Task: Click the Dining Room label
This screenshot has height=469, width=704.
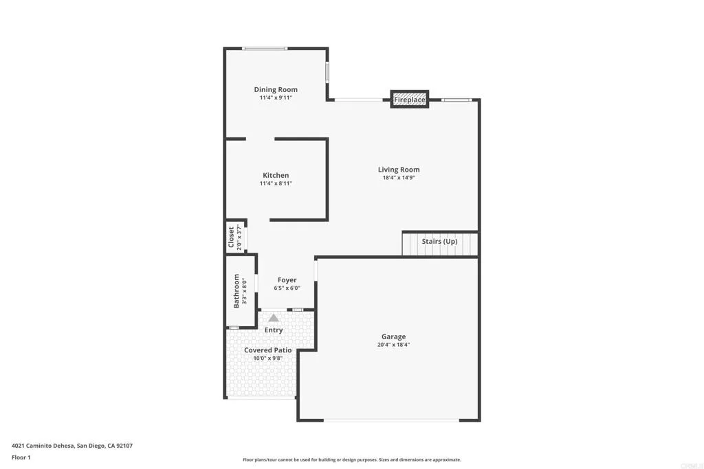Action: click(x=276, y=89)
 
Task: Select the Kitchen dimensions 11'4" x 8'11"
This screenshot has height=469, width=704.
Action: click(x=276, y=184)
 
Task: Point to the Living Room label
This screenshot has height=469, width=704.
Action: click(x=399, y=170)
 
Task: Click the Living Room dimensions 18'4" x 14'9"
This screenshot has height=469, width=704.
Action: click(x=399, y=178)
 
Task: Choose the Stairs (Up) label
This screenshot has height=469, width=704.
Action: click(x=439, y=242)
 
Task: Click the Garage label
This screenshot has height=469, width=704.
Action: click(x=393, y=336)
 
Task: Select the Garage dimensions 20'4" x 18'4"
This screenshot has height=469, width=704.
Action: click(x=393, y=345)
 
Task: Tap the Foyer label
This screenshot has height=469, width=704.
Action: click(x=287, y=280)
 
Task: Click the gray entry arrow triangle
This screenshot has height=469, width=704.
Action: click(x=274, y=317)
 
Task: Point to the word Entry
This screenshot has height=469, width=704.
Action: click(x=274, y=330)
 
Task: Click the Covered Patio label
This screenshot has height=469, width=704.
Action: click(x=268, y=350)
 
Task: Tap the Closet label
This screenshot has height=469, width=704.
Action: click(x=231, y=237)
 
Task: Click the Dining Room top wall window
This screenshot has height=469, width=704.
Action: click(x=265, y=48)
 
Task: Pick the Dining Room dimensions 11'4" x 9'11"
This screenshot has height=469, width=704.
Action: click(x=276, y=98)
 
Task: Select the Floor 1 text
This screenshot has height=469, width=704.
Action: click(x=21, y=457)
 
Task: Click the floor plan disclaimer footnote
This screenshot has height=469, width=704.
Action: click(x=351, y=460)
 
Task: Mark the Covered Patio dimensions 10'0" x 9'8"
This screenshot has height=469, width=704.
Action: click(x=268, y=358)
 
